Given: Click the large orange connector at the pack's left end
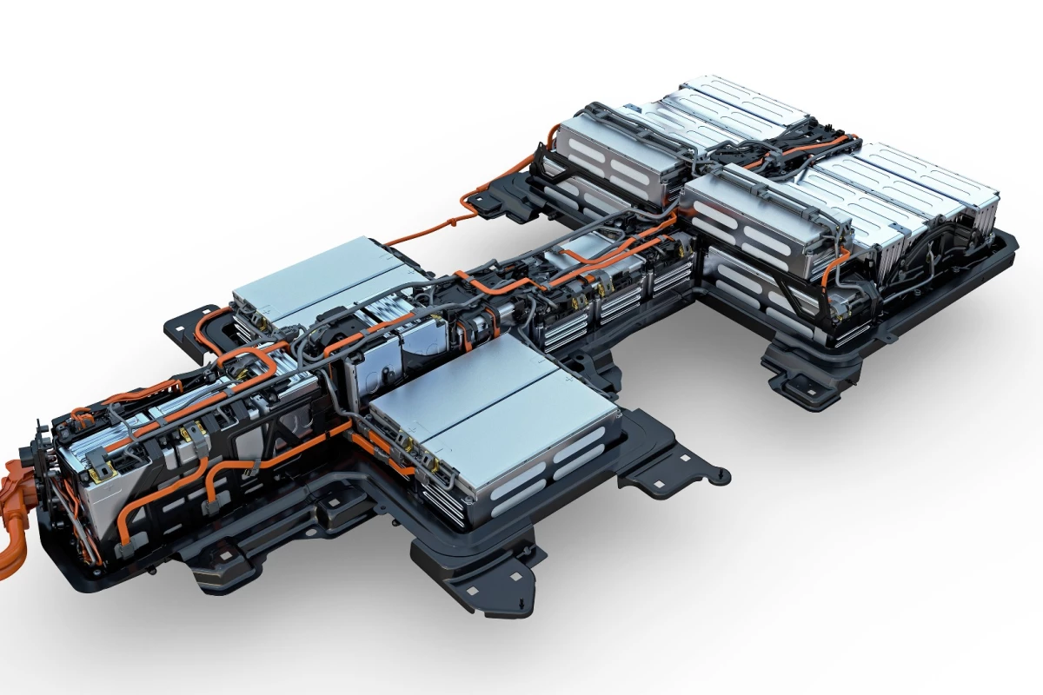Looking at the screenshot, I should [13, 521].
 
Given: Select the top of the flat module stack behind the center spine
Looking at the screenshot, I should [313, 278].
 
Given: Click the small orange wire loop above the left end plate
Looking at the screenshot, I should [83, 417].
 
